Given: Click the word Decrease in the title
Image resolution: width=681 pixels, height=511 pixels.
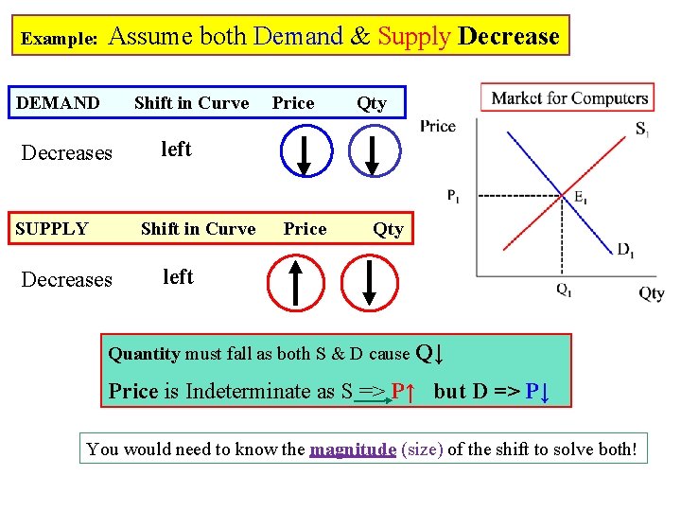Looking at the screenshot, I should (x=509, y=37).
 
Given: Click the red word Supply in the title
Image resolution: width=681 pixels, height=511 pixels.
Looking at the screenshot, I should (x=414, y=37).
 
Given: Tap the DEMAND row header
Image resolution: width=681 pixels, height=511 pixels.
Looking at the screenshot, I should (x=58, y=102).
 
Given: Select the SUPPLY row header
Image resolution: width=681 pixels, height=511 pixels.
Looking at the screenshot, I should (x=52, y=228).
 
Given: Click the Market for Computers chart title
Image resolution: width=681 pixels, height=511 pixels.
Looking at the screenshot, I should (x=569, y=97).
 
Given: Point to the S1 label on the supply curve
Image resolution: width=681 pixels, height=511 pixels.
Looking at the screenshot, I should (x=642, y=129).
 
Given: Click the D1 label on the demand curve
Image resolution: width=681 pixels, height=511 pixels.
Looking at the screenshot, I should (x=626, y=250).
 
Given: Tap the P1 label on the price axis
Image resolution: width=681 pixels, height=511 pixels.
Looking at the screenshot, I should (x=454, y=196).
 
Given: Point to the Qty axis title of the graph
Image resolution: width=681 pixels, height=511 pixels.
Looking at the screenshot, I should (x=651, y=293).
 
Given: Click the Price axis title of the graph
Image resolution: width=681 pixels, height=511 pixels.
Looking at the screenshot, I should (x=438, y=126).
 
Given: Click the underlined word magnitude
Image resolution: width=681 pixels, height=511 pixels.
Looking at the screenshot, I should (x=353, y=449).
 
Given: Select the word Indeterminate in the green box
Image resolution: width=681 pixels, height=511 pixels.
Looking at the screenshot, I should (x=248, y=391).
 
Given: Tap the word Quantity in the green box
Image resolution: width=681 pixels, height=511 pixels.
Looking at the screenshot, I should (x=144, y=354).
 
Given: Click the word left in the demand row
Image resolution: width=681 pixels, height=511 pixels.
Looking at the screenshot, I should (x=176, y=149).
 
